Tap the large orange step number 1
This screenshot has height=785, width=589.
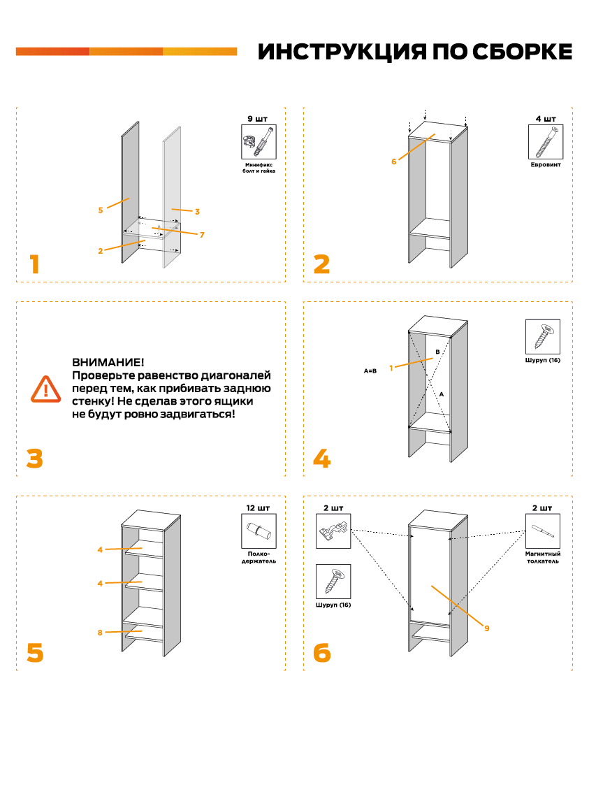pyautogui.click(x=34, y=265)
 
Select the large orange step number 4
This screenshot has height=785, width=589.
pyautogui.click(x=321, y=459)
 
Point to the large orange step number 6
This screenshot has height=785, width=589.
pyautogui.click(x=321, y=653)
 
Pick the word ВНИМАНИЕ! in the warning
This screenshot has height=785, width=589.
pyautogui.click(x=108, y=363)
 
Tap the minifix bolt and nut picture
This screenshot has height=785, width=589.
pyautogui.click(x=259, y=143)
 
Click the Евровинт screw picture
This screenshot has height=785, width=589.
pyautogui.click(x=546, y=142)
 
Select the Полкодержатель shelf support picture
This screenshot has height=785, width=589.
pyautogui.click(x=259, y=531)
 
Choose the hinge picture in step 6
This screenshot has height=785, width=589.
pyautogui.click(x=333, y=531)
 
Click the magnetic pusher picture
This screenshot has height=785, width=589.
pyautogui.click(x=544, y=531)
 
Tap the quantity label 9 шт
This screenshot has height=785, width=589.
pyautogui.click(x=258, y=119)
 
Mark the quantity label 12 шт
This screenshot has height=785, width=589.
pyautogui.click(x=258, y=507)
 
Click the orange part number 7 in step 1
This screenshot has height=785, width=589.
pyautogui.click(x=202, y=235)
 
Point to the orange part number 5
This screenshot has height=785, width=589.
pyautogui.click(x=101, y=209)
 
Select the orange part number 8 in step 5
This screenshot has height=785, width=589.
pyautogui.click(x=100, y=633)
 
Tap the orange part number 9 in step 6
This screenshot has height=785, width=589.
pyautogui.click(x=486, y=628)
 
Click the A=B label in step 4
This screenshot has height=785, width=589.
pyautogui.click(x=370, y=370)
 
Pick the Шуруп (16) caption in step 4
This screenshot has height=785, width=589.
pyautogui.click(x=543, y=361)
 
